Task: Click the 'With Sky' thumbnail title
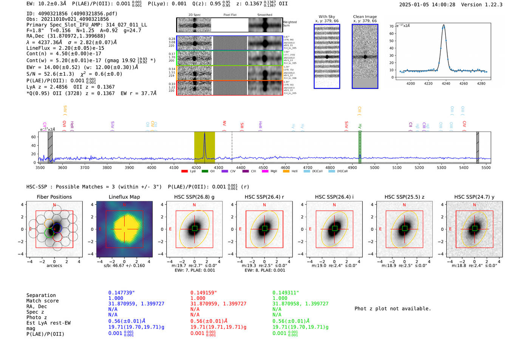(327, 17)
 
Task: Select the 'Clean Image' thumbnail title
(365, 17)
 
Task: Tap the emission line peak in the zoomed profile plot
(444, 26)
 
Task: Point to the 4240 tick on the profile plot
(446, 83)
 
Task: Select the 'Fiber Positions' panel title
(54, 197)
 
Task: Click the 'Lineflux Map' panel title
(124, 197)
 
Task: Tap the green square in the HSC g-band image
(195, 229)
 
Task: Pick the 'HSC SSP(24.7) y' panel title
(474, 197)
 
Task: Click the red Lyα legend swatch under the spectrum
(184, 172)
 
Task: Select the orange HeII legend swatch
(286, 172)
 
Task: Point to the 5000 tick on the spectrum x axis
(374, 168)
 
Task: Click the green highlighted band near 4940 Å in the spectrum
(360, 147)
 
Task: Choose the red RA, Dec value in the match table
(218, 304)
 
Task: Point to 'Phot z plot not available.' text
(393, 309)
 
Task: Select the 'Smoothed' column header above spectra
(264, 15)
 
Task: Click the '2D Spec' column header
(194, 15)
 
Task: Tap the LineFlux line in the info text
(65, 48)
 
